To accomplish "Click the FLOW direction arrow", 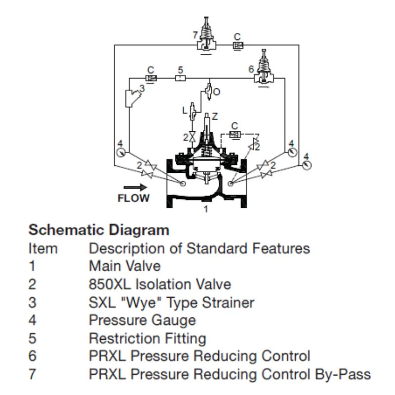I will pyautogui.click(x=135, y=187).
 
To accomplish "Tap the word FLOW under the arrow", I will pyautogui.click(x=133, y=198).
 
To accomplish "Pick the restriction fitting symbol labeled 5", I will pyautogui.click(x=180, y=78).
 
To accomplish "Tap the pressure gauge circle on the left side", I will pyautogui.click(x=120, y=152).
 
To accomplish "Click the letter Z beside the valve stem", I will pyautogui.click(x=215, y=117).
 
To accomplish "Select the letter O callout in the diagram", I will pyautogui.click(x=216, y=91).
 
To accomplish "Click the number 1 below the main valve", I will pyautogui.click(x=206, y=209).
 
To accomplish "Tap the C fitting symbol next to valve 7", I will pyautogui.click(x=237, y=45).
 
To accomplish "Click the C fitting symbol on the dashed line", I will pyautogui.click(x=235, y=134).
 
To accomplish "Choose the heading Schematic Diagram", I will pyautogui.click(x=99, y=230).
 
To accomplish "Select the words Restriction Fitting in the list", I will pyautogui.click(x=147, y=338).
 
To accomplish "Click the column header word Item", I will pyautogui.click(x=43, y=248).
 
